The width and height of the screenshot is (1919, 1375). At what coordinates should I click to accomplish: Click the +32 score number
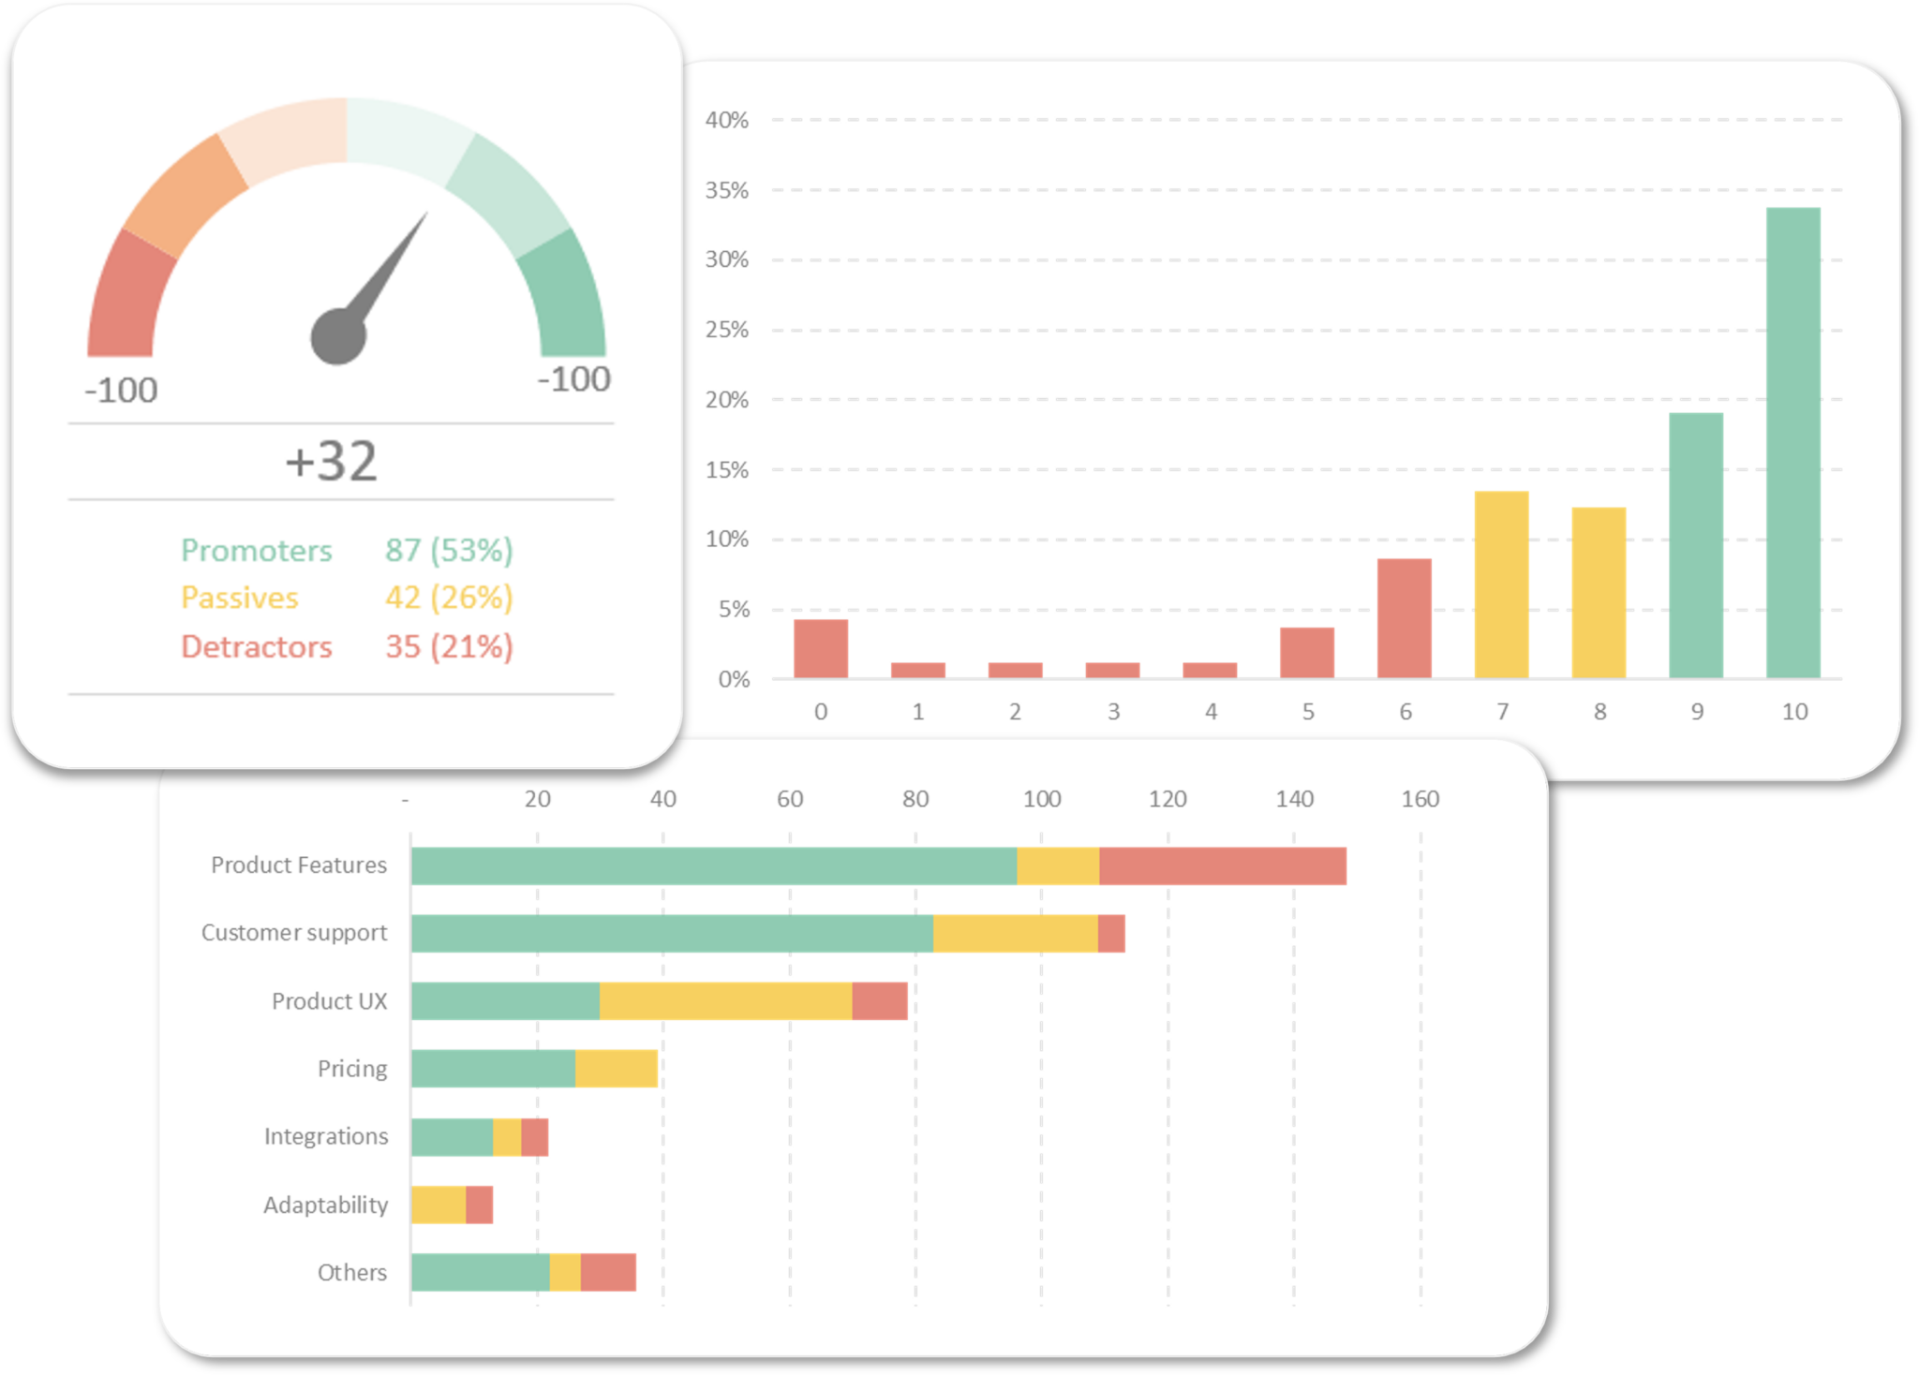point(332,461)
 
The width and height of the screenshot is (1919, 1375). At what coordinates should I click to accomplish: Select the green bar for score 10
point(1793,442)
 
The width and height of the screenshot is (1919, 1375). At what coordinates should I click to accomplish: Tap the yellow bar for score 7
point(1501,584)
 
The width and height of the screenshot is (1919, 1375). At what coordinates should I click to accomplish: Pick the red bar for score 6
point(1404,618)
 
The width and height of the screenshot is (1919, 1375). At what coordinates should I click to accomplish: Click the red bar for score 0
point(820,648)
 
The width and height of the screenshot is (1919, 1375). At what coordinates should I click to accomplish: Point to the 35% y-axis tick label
point(727,190)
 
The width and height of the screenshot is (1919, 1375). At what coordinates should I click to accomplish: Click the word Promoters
point(256,550)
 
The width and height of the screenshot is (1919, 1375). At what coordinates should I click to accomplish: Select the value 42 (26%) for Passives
point(449,598)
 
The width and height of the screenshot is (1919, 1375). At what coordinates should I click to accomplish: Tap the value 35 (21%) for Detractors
point(449,646)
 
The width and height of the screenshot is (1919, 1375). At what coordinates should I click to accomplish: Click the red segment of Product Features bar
point(1222,865)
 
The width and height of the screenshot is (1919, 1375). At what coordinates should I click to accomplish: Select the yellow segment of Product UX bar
point(725,1001)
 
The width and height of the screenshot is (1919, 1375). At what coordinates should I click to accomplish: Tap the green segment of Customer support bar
point(671,934)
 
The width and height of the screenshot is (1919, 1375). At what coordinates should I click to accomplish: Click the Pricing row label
point(351,1069)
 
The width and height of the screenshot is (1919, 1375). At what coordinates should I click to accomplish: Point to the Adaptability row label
point(325,1205)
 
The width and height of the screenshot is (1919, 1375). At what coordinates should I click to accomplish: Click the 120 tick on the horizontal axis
point(1168,799)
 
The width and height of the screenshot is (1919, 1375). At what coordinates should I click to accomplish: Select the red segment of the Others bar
point(608,1272)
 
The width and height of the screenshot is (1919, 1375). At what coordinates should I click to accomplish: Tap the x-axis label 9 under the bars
point(1696,712)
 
